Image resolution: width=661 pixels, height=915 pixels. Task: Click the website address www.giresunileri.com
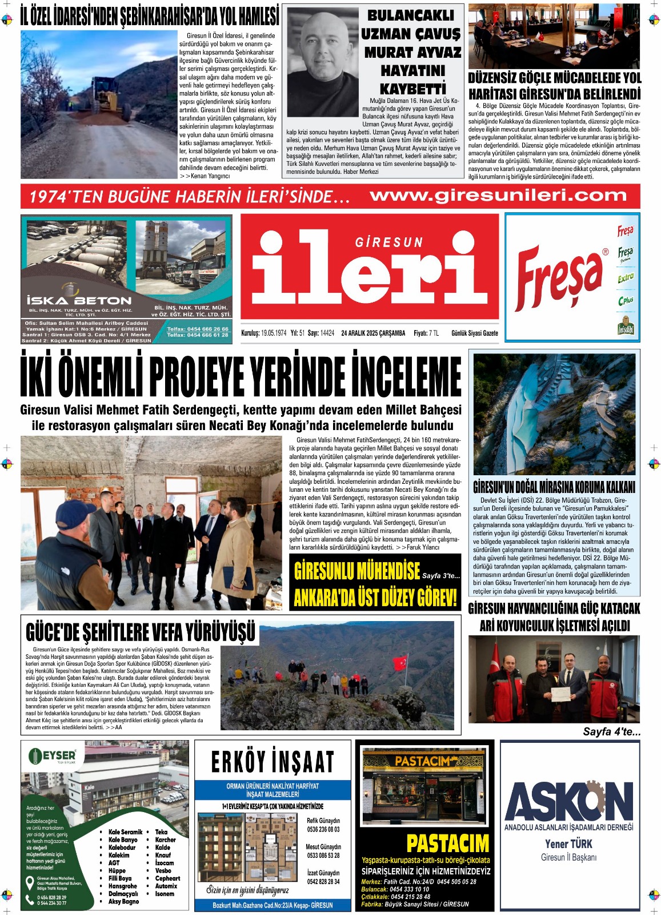click(x=498, y=196)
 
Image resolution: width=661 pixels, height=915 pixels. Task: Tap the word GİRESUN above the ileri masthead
click(x=389, y=242)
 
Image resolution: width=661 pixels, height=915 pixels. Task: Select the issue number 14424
click(x=327, y=333)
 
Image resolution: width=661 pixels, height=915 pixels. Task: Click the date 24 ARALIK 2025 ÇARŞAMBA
click(x=373, y=333)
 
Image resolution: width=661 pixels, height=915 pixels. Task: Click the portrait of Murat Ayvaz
click(x=322, y=63)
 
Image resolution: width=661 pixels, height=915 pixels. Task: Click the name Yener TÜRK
click(x=568, y=844)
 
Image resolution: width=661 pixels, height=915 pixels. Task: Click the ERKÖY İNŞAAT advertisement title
click(x=273, y=762)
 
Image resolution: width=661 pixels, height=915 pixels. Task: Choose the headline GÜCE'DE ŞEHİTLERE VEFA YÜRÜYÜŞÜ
click(x=141, y=632)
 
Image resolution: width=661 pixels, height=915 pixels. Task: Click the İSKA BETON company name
click(x=79, y=300)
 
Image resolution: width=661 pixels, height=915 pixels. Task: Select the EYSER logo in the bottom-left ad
click(x=52, y=756)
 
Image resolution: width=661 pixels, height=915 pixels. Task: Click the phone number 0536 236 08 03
click(x=323, y=829)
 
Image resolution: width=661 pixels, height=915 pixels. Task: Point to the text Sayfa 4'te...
click(x=611, y=731)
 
